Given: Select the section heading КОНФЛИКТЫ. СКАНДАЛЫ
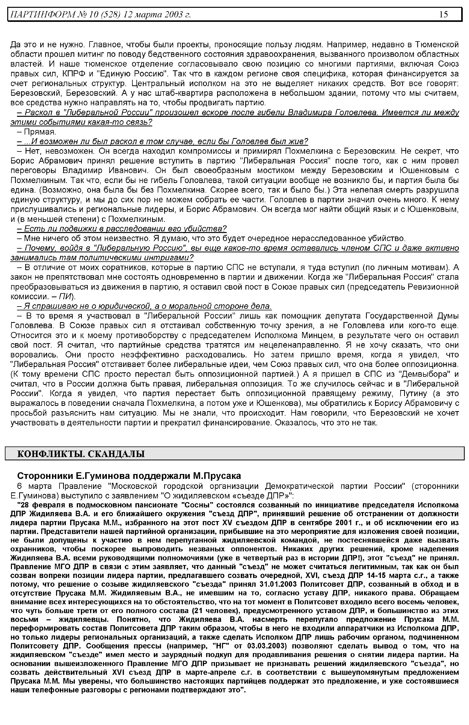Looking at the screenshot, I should point(81,454).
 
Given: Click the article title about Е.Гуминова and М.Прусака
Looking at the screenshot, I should point(129,476).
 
